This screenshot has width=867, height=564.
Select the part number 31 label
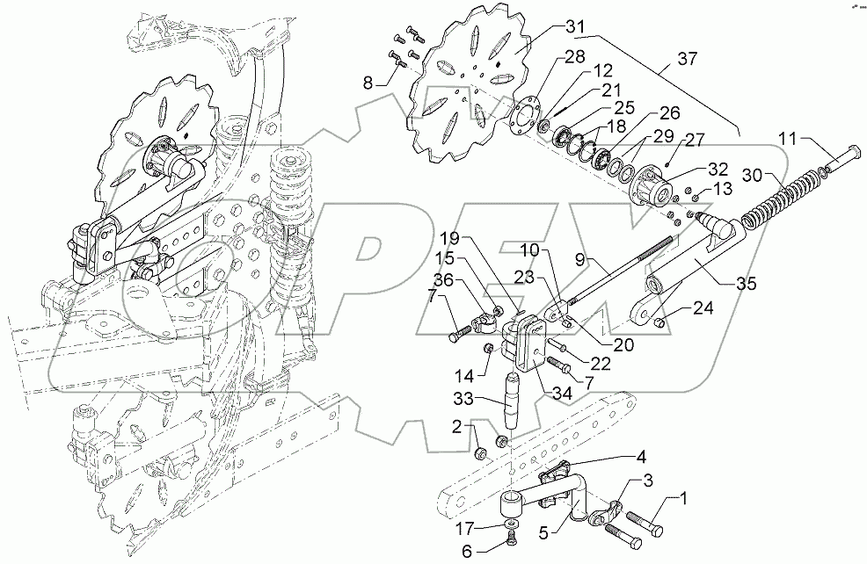coord(575,28)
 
